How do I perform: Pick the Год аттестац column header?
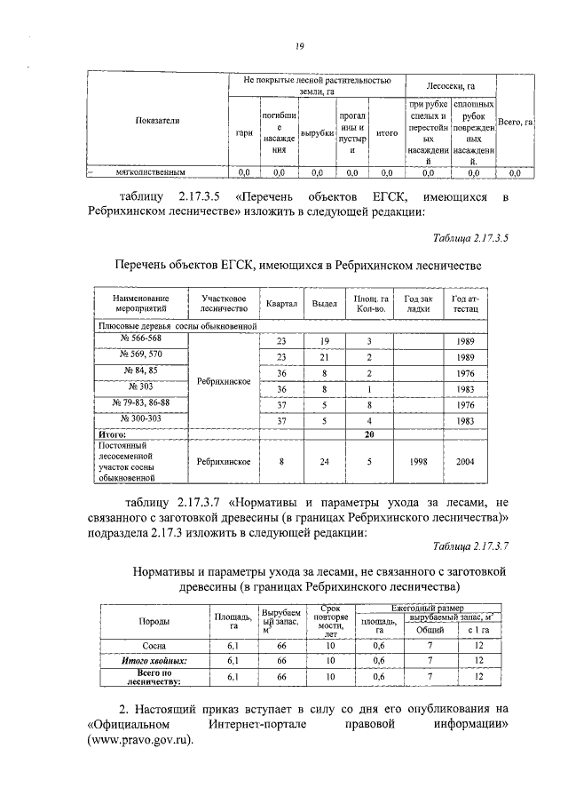point(465,304)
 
